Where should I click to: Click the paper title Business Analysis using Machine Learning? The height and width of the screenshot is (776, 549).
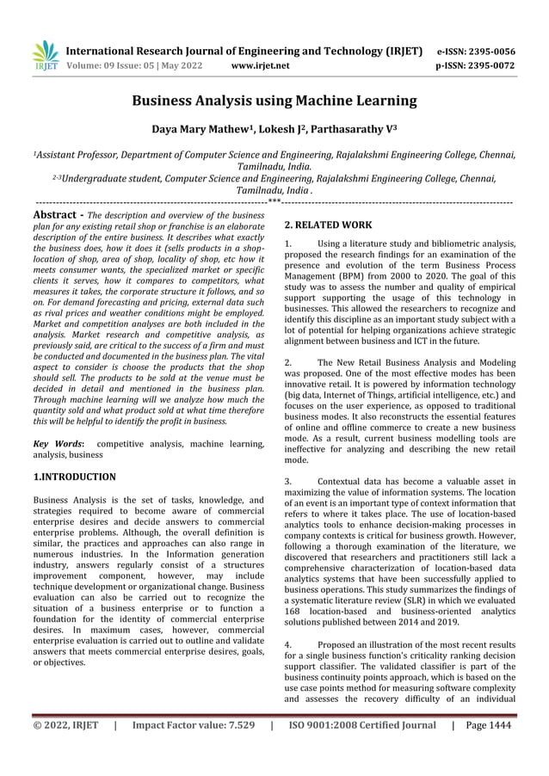274,101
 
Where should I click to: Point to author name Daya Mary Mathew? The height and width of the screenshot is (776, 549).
191,130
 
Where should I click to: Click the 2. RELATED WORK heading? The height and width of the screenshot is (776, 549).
327,225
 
